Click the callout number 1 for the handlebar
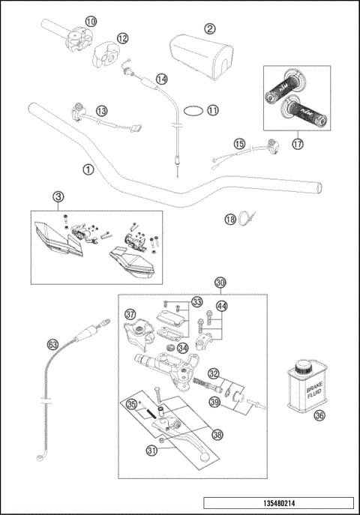point(88,169)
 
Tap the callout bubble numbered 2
point(210,28)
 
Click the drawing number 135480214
point(277,505)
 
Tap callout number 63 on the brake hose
point(52,344)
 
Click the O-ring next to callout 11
point(191,109)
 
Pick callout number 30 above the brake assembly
point(220,283)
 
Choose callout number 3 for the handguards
point(58,196)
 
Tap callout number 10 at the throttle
point(91,22)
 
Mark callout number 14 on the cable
point(161,79)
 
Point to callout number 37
point(130,314)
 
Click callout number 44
point(220,305)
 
